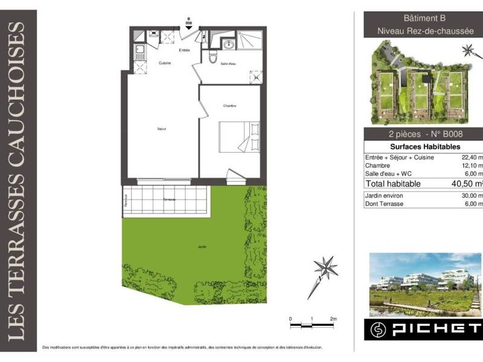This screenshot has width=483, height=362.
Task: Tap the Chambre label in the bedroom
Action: [x=229, y=106]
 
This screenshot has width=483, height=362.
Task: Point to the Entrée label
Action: [x=185, y=51]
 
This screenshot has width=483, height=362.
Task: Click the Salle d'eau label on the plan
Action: [x=228, y=63]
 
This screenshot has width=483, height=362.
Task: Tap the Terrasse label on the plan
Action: [x=169, y=198]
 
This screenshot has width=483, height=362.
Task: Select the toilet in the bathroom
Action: [x=212, y=57]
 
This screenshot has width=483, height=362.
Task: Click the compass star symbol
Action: [x=325, y=268]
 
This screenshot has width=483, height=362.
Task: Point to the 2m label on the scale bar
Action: [x=333, y=318]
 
